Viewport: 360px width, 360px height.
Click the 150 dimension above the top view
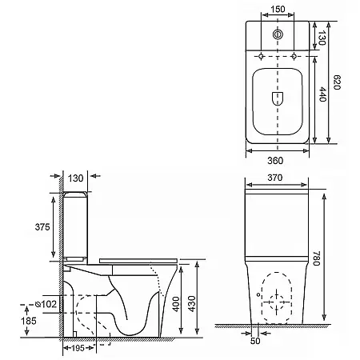pyautogui.click(x=278, y=10)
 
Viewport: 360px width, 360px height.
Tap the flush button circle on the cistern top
pyautogui.click(x=278, y=34)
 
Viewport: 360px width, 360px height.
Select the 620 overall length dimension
pyautogui.click(x=337, y=82)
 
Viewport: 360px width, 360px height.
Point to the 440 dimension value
pyautogui.click(x=322, y=94)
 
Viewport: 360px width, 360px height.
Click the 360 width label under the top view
pyautogui.click(x=275, y=161)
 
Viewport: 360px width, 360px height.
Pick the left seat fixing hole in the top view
pyautogui.click(x=261, y=56)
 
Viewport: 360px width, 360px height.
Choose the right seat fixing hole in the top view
pyautogui.click(x=294, y=56)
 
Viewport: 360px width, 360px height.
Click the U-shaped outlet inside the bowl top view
pyautogui.click(x=278, y=98)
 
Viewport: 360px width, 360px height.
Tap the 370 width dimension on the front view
pyautogui.click(x=275, y=178)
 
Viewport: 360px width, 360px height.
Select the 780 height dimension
pyautogui.click(x=316, y=258)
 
